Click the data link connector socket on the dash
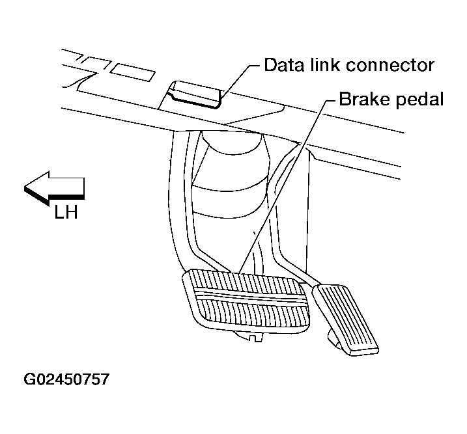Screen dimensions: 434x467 193,93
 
